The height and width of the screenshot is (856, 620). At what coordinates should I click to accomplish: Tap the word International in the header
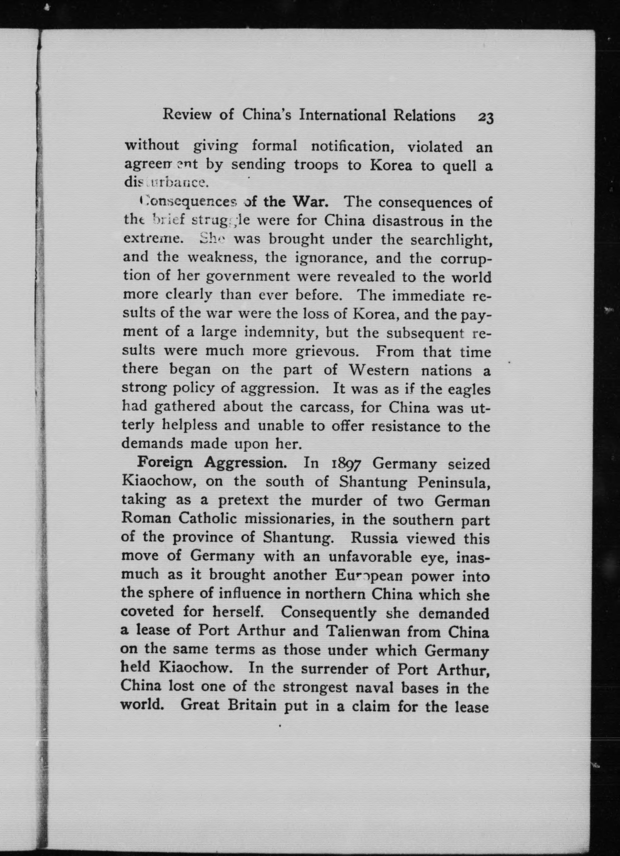click(343, 115)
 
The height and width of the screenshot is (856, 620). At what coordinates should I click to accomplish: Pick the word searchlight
click(451, 240)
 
